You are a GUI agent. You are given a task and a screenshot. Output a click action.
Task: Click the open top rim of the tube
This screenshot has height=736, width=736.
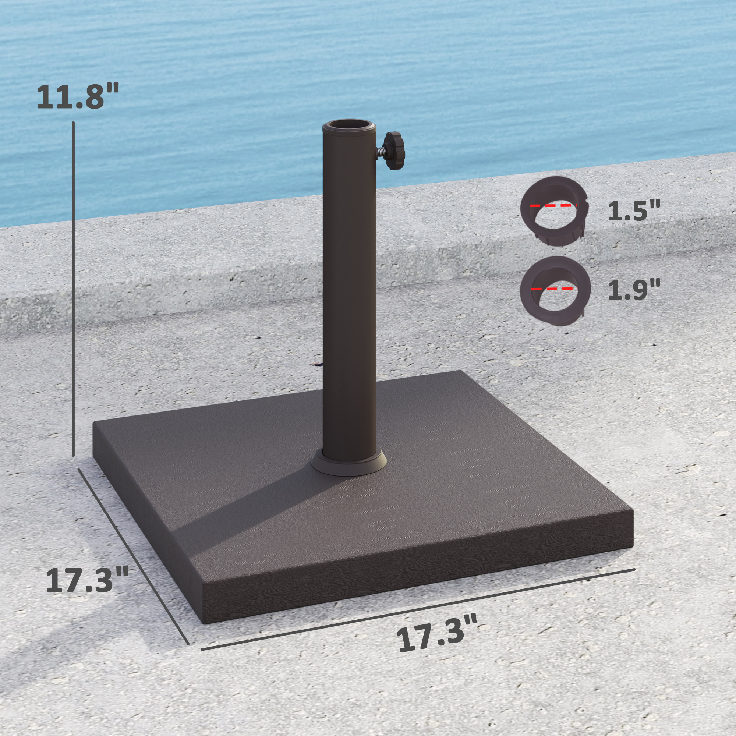coord(348,126)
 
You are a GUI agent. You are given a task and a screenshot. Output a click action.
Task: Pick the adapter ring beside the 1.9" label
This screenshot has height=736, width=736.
coord(555,290)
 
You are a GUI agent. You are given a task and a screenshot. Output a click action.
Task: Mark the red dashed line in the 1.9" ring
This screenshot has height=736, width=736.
coord(554,289)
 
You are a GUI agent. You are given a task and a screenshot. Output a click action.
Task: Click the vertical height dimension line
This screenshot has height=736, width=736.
coord(74,290)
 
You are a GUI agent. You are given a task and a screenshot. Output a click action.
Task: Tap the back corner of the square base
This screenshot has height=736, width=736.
coord(462,371)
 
